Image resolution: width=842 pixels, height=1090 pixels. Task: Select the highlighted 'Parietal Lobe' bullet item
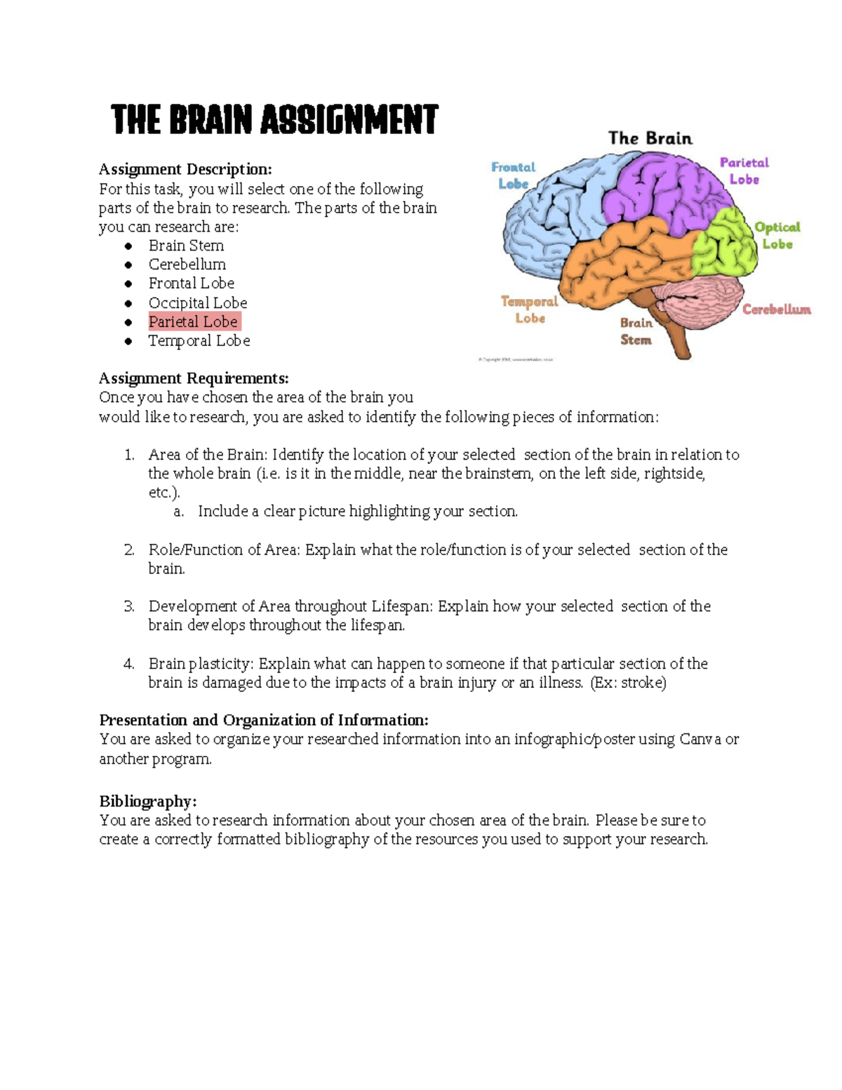193,321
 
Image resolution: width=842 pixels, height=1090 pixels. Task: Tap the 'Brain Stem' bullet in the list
186,246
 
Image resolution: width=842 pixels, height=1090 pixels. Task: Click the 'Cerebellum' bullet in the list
187,265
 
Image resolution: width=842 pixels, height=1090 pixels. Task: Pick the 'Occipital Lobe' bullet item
197,303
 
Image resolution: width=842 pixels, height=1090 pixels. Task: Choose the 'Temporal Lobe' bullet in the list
199,340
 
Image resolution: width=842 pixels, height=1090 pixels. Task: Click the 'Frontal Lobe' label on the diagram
513,175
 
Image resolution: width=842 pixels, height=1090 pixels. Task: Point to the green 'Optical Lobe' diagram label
777,235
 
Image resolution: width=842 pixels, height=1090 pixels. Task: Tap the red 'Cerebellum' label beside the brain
777,310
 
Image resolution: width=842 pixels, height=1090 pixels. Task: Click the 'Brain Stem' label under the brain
636,331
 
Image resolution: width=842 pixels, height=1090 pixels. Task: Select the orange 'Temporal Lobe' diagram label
530,310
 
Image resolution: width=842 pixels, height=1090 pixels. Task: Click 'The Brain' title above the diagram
650,138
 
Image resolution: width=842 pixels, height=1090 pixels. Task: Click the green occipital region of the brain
724,242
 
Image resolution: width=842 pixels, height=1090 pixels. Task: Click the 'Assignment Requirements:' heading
194,378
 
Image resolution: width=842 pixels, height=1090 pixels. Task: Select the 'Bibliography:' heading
148,802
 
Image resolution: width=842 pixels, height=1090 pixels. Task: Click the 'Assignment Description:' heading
185,169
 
